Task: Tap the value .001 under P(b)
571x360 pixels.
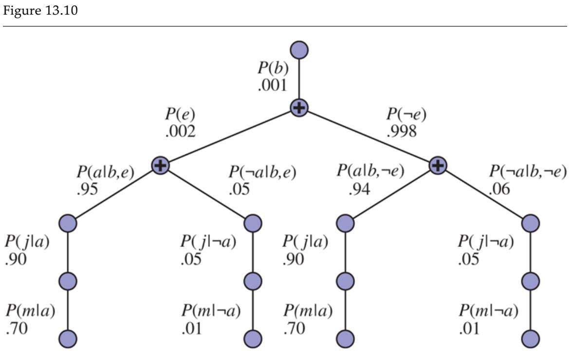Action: (273, 88)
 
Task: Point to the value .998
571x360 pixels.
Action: (402, 132)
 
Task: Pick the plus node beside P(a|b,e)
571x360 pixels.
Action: (161, 166)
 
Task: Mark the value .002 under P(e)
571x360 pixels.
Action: (181, 132)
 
